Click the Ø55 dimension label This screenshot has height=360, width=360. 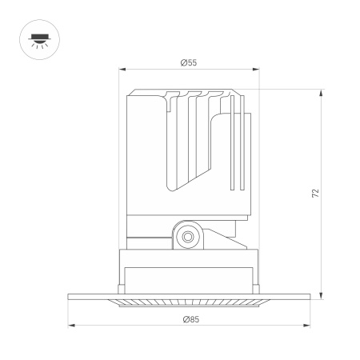(x=189, y=62)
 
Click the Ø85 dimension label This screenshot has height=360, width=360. (x=189, y=319)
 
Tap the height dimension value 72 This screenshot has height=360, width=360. (x=315, y=193)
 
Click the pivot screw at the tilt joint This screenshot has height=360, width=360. (x=188, y=236)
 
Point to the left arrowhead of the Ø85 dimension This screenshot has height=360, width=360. (x=70, y=326)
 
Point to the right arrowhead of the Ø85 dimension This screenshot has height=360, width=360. (x=308, y=326)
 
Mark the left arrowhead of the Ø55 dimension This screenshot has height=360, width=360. (x=122, y=70)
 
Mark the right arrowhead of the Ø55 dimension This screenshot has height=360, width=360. (x=257, y=70)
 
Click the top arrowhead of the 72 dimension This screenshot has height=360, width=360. (x=322, y=92)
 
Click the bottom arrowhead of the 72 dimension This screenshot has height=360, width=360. (x=322, y=297)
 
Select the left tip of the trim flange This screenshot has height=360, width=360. (x=69, y=296)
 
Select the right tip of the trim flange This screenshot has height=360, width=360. (x=310, y=296)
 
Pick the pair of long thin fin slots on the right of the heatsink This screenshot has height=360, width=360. (x=234, y=144)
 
